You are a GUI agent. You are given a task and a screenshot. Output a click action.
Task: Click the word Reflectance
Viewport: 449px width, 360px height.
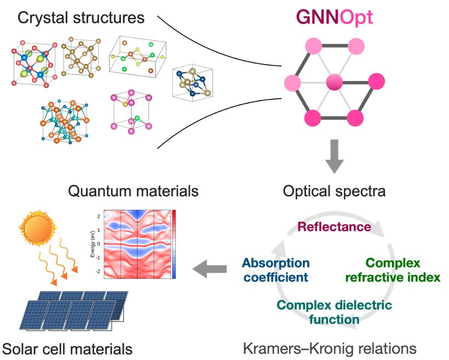334,226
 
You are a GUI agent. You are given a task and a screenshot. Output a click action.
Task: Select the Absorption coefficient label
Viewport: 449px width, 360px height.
275,270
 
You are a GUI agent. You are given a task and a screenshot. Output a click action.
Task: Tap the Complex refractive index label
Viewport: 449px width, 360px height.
393,270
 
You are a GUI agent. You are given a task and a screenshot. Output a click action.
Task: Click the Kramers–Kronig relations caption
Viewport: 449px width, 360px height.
330,348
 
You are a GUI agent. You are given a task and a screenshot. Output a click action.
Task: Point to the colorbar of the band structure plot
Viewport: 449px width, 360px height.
174,243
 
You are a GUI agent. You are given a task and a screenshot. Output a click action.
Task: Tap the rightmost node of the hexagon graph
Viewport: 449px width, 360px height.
376,83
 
